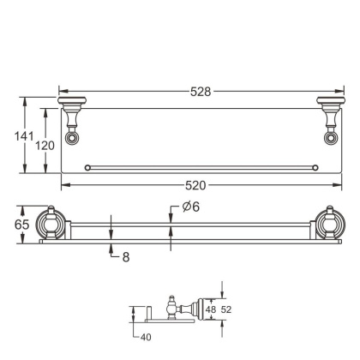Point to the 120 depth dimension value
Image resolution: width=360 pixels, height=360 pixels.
pos(45,146)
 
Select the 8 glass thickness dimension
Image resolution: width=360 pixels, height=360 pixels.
pos(125,255)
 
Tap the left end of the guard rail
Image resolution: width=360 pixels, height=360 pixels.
pos(87,166)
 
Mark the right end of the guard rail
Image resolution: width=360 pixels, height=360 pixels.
pos(315,166)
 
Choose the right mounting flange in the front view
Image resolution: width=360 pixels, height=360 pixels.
pos(329,224)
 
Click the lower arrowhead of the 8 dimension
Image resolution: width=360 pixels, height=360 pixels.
pos(111,249)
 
